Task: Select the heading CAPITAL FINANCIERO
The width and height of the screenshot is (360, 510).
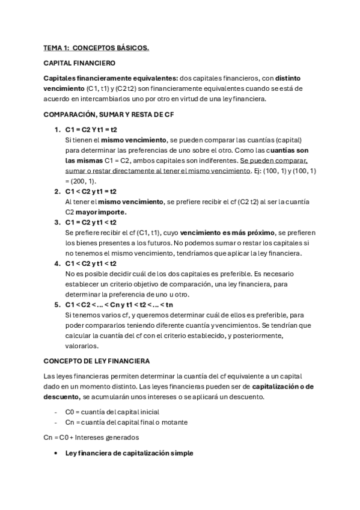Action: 79,63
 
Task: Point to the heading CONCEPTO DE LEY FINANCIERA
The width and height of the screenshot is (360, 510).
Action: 97,360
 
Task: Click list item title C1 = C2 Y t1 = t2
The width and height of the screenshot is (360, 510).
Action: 91,130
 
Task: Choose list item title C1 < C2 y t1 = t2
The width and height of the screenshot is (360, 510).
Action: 91,192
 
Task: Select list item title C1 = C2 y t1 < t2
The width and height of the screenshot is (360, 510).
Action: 91,223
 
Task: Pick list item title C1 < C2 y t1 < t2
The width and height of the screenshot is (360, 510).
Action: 91,263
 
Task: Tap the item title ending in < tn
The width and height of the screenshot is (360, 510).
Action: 127,305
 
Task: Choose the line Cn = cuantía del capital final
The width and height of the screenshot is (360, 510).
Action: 127,422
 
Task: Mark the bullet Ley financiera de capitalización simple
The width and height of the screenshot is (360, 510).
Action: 129,453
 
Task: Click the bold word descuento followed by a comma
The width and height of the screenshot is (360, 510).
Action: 61,396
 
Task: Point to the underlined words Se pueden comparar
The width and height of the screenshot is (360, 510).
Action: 273,161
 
